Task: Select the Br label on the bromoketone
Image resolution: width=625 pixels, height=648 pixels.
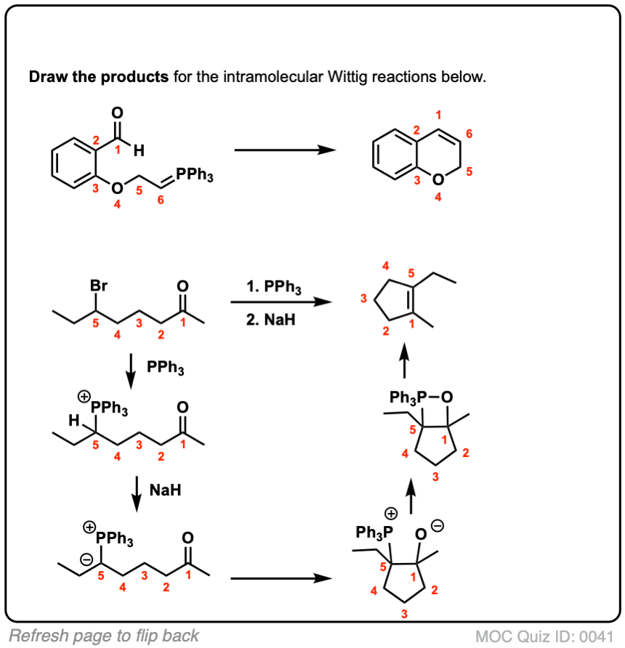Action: (x=99, y=286)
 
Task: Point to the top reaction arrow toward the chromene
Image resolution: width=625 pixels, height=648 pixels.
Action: (x=284, y=150)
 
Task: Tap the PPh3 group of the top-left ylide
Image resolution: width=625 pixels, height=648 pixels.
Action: (x=195, y=177)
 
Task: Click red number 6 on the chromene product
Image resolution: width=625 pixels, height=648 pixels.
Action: (x=469, y=134)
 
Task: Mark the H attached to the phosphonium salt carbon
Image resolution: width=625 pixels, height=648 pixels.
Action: (x=73, y=419)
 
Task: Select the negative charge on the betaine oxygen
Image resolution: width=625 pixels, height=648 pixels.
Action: (x=437, y=525)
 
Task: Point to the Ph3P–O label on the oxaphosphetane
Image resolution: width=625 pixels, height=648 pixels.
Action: (x=422, y=397)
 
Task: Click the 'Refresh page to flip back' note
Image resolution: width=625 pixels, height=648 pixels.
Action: (x=104, y=636)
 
